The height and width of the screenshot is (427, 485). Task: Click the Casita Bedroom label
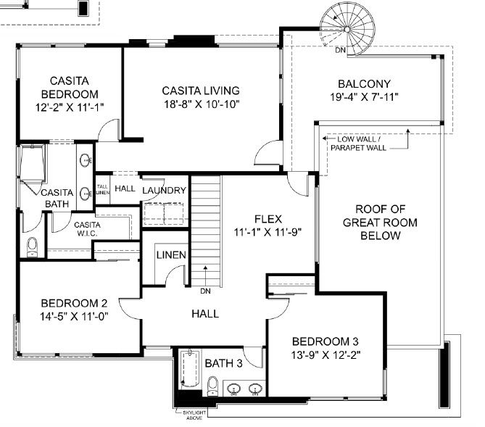pos(70,87)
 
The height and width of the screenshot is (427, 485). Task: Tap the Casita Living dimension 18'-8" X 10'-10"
pos(201,104)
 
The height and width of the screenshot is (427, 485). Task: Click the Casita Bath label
pos(55,198)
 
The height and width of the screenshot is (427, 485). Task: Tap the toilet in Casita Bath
pos(32,246)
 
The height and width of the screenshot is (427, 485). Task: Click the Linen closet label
pos(171,255)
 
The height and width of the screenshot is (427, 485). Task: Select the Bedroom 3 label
pos(325,341)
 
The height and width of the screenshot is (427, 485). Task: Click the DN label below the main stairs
pos(205,292)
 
